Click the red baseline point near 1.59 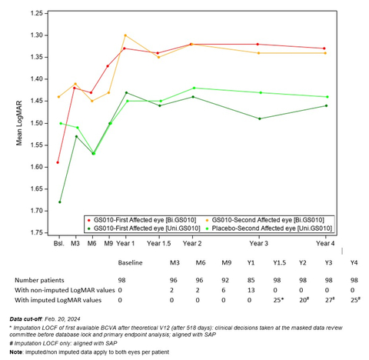(x=58, y=162)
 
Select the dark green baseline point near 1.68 (x=58, y=202)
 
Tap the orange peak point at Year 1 (x=125, y=35)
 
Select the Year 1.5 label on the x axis (x=159, y=243)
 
